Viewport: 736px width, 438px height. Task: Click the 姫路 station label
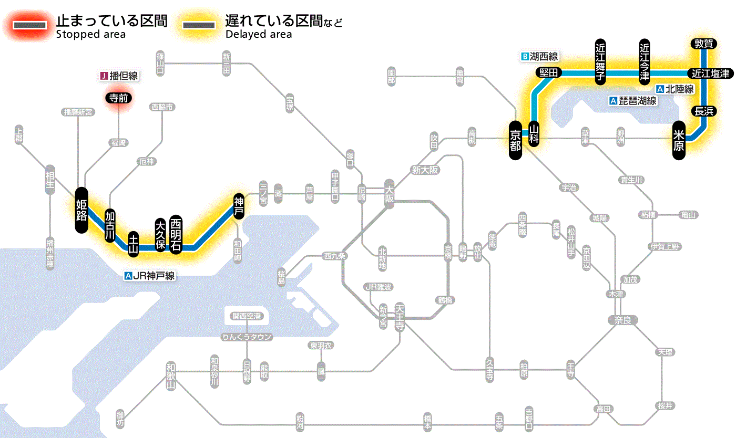click(81, 210)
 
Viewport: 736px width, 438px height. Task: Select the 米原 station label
click(679, 140)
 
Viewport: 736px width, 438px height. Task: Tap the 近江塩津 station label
click(710, 74)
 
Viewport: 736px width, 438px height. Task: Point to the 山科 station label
click(534, 134)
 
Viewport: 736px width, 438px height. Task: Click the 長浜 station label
click(703, 111)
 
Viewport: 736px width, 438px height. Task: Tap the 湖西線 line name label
click(540, 56)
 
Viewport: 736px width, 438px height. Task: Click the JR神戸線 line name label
click(149, 275)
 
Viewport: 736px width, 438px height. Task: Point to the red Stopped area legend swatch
click(33, 25)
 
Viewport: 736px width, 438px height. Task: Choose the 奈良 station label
click(622, 320)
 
